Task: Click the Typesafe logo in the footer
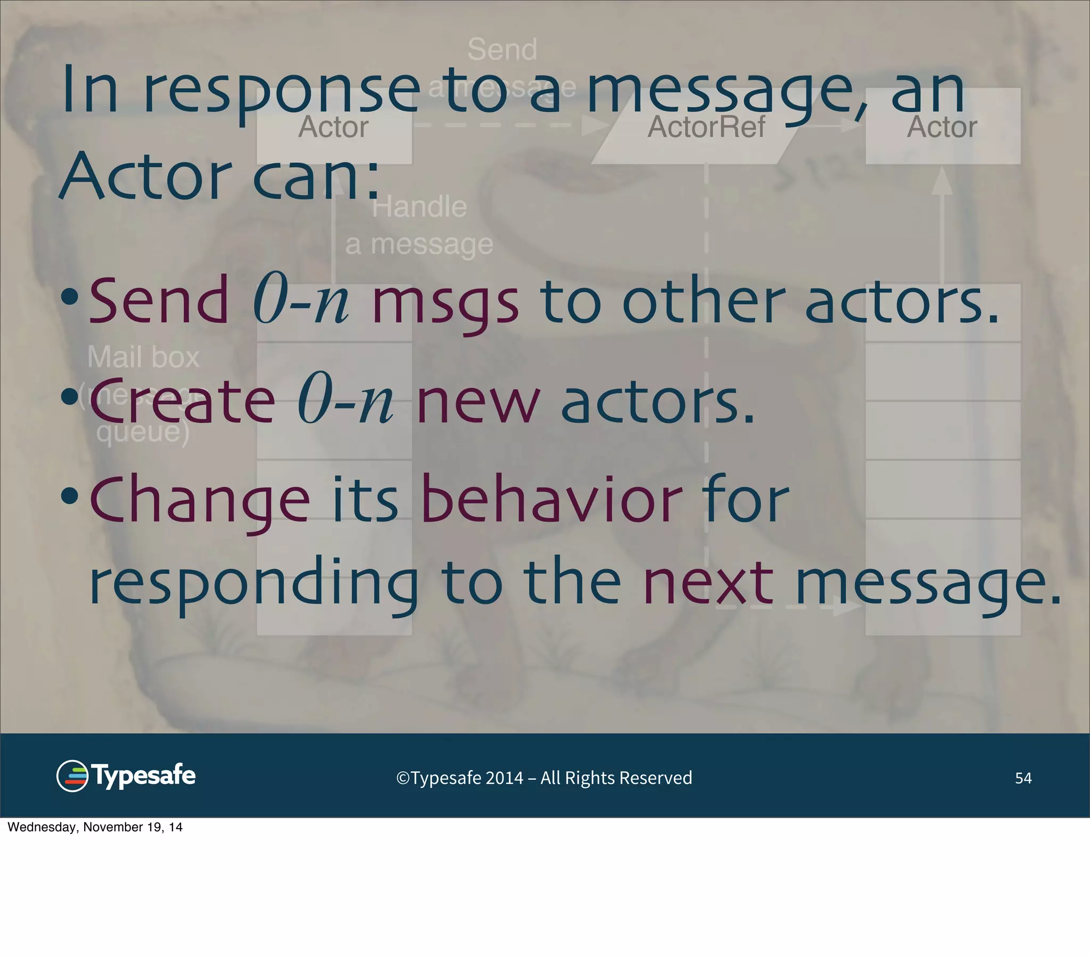[126, 775]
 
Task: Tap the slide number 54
[1023, 778]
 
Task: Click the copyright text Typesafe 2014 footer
[544, 778]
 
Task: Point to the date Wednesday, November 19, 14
[95, 827]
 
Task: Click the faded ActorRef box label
[706, 127]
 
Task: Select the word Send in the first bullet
[159, 301]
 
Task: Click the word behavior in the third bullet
[551, 500]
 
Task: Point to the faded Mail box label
[143, 357]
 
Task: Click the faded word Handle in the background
[419, 207]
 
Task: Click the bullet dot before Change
[69, 496]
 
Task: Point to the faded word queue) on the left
[143, 432]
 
